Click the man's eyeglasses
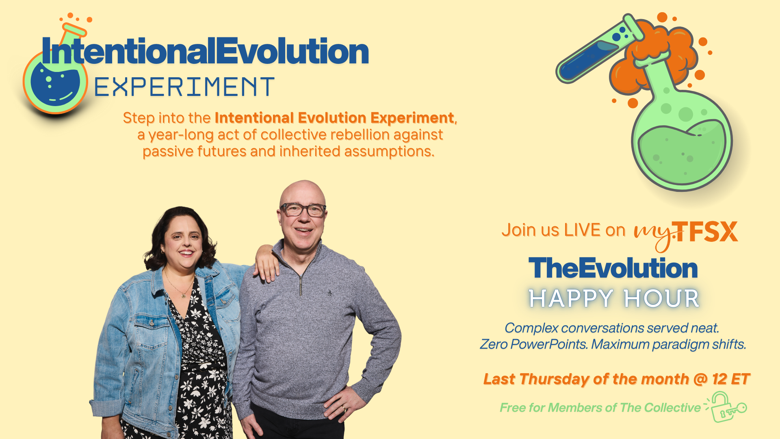click(303, 210)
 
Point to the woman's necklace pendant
click(184, 296)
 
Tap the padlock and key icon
click(726, 407)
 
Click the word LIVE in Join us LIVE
click(583, 230)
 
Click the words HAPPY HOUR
click(614, 298)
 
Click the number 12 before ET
click(719, 379)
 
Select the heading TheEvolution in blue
click(613, 268)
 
